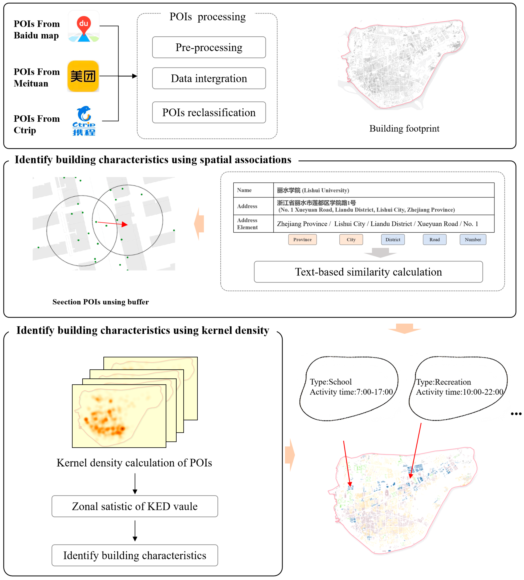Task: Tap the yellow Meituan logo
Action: click(x=83, y=76)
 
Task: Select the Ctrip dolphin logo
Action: click(x=84, y=121)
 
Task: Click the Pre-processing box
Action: click(x=209, y=47)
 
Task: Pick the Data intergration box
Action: click(x=209, y=78)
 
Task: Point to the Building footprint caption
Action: click(x=404, y=129)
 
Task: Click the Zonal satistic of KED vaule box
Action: click(x=135, y=506)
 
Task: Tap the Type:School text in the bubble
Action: click(x=331, y=382)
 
